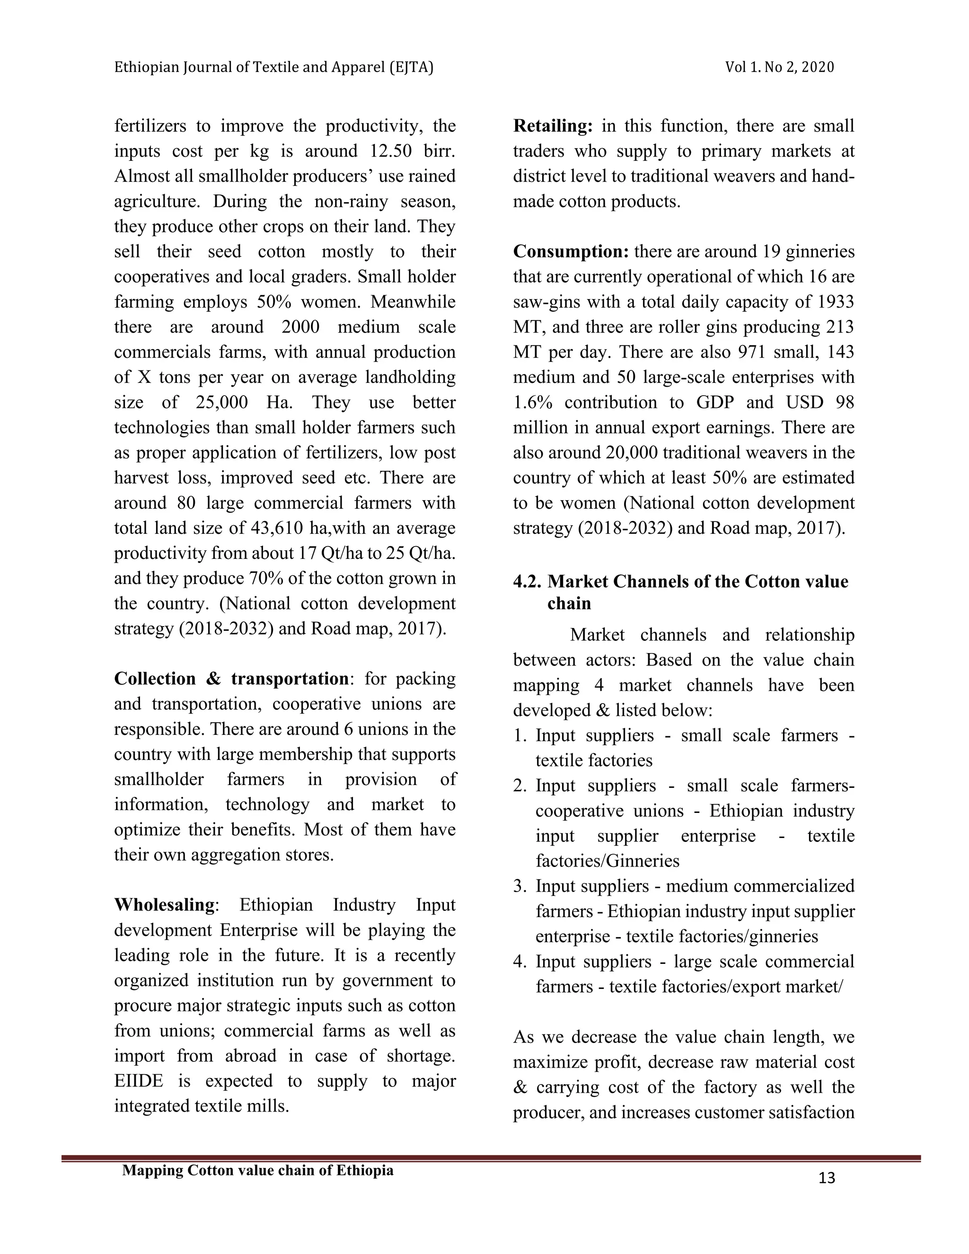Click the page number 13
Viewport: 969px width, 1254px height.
point(827,1179)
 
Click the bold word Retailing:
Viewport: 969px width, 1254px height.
point(552,126)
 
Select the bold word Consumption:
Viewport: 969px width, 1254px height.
point(571,251)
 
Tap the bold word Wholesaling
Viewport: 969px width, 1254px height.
point(164,905)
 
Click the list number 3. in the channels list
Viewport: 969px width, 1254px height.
point(520,886)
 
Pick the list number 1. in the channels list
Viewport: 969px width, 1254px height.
point(520,735)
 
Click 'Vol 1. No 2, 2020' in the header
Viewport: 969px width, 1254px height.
point(780,68)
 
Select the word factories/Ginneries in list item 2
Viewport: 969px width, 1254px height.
point(608,861)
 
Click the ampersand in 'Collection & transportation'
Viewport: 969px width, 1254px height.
point(213,679)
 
